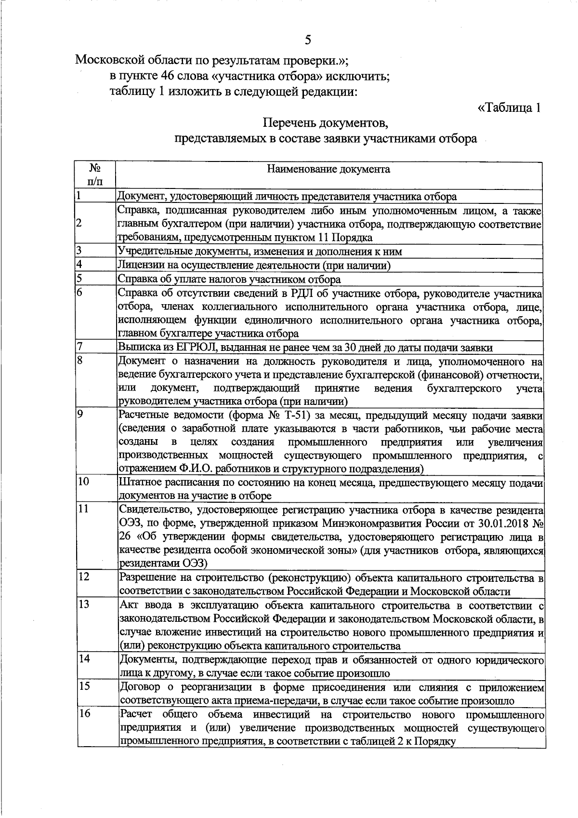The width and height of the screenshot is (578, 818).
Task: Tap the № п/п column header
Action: click(x=95, y=174)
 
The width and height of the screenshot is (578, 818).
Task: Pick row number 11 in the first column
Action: click(x=84, y=509)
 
